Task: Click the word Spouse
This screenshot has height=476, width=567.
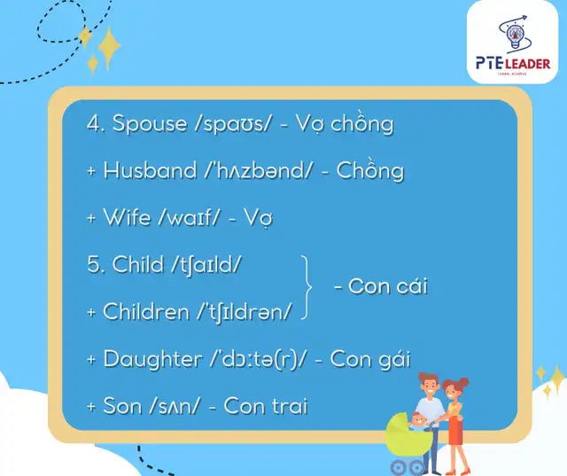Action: (150, 124)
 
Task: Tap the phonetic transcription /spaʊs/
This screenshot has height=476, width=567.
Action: (232, 124)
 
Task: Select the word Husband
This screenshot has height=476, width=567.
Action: (150, 170)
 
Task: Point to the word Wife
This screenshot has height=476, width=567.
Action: (127, 217)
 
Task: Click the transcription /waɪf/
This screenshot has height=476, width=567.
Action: (189, 217)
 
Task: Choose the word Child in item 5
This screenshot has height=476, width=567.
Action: (138, 264)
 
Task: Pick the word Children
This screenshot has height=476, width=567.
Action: (145, 311)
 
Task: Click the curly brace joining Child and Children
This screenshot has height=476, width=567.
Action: (307, 287)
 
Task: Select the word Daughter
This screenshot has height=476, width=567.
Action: (152, 360)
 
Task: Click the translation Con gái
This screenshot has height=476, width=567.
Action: (370, 360)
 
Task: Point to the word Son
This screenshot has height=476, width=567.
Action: (122, 405)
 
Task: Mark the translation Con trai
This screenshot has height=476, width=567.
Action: (266, 405)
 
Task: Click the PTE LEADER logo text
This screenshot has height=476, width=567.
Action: (513, 64)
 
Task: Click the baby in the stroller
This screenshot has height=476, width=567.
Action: (419, 421)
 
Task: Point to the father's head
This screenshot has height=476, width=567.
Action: (429, 385)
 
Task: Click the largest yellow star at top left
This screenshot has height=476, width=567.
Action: (109, 47)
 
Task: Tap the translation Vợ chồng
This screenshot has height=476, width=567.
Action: (345, 124)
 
